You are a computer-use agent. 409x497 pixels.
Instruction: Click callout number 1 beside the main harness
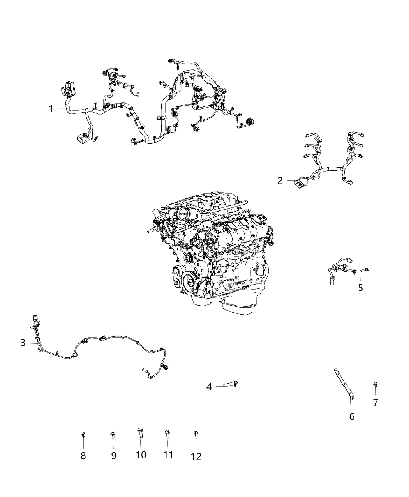coord(51,109)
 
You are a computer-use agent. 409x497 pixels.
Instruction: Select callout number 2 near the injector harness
coord(280,181)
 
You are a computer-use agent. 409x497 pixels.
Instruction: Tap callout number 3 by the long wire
coord(23,343)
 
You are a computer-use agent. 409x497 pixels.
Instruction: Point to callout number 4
coord(209,387)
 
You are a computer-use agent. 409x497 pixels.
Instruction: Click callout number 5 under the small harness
coord(360,288)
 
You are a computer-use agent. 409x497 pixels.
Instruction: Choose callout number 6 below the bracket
coord(352,417)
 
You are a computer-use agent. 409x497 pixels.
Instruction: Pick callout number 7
coord(376,402)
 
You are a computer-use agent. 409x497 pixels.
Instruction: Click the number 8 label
coord(83,456)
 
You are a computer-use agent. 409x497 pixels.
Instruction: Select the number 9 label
coord(113,456)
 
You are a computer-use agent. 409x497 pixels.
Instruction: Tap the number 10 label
coord(141,455)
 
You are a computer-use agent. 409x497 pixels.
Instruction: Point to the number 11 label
coord(168,455)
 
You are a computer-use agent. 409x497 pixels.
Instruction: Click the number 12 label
coord(196,456)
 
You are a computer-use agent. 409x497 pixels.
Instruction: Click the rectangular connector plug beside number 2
coord(301,182)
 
